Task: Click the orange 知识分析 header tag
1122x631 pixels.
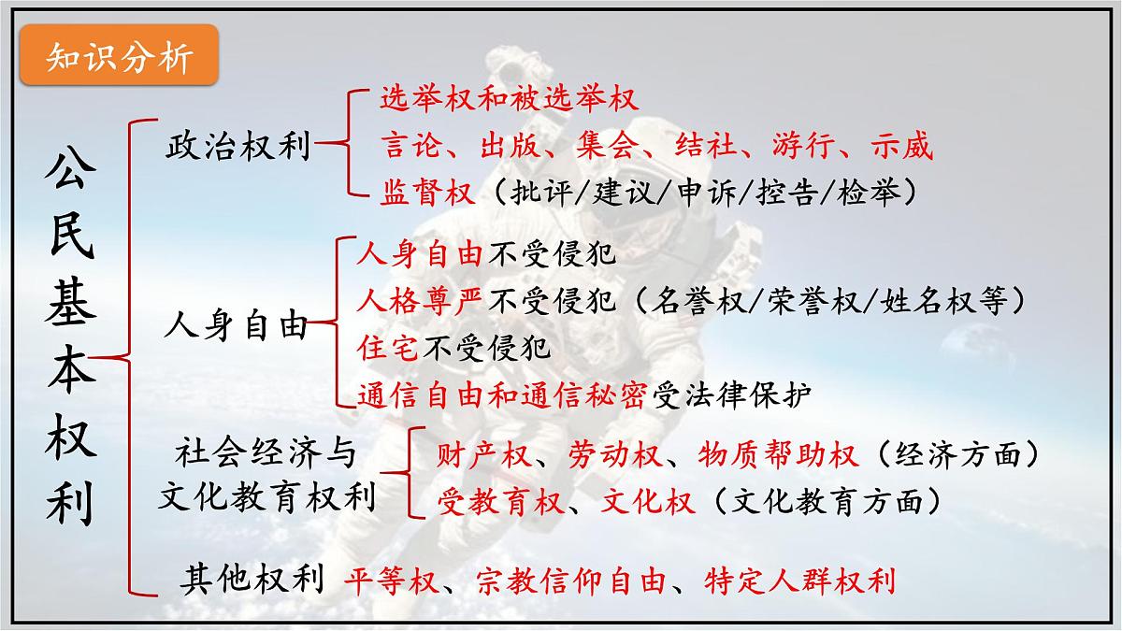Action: [x=119, y=59]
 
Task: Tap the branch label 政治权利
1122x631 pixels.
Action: [x=237, y=147]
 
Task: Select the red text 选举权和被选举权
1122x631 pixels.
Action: [x=510, y=97]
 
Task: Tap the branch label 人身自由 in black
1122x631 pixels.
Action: [x=236, y=326]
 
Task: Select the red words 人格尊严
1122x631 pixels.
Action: [x=420, y=301]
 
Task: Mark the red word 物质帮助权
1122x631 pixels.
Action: [x=777, y=454]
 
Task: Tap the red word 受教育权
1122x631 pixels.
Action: [x=501, y=502]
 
